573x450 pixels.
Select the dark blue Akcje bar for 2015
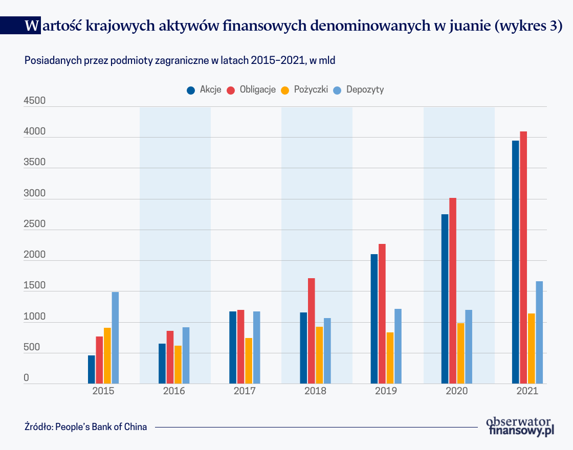click(x=92, y=369)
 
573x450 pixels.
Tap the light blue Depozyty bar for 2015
click(x=115, y=337)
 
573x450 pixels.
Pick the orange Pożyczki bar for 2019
click(x=390, y=358)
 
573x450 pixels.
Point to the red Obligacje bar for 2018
click(x=311, y=331)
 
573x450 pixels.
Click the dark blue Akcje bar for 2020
click(x=445, y=299)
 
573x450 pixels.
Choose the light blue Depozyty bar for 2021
click(x=539, y=332)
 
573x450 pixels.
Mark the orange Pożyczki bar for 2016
click(x=178, y=365)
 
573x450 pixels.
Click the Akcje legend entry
click(x=205, y=89)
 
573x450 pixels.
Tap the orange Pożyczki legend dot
click(x=285, y=90)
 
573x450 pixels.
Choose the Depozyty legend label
click(x=365, y=89)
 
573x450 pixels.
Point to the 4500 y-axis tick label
click(x=35, y=101)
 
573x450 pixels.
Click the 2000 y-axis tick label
click(x=35, y=255)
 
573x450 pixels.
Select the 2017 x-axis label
click(x=245, y=391)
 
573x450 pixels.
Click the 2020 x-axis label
click(x=457, y=391)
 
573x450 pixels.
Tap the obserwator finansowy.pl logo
click(x=520, y=426)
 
